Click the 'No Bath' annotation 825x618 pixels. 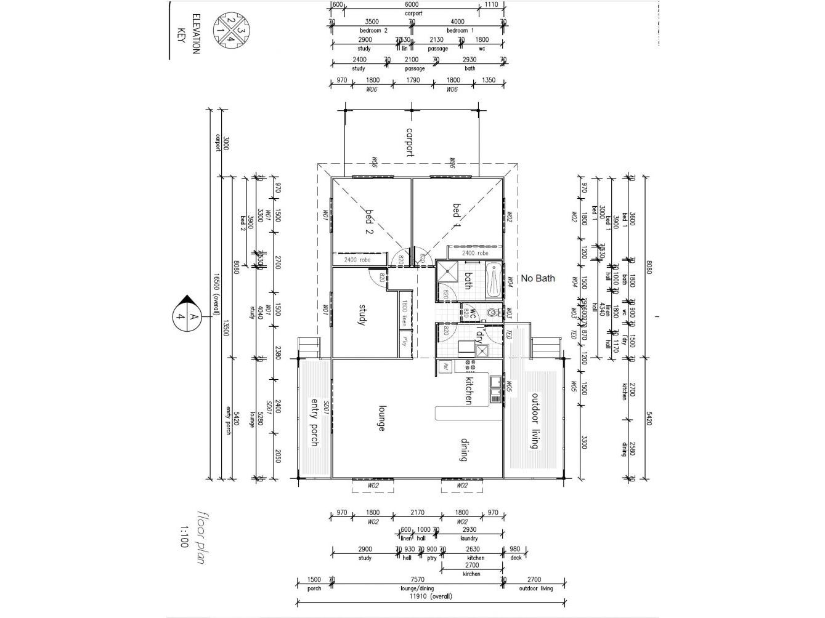537,278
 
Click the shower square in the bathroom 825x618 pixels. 447,271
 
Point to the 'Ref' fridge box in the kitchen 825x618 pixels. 444,367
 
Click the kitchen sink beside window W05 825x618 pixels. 495,389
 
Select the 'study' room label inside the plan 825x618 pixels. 362,314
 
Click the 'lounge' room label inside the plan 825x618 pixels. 382,417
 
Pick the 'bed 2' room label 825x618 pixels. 370,222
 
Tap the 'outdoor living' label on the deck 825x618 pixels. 535,421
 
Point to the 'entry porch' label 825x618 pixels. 315,422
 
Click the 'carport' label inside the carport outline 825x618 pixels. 410,142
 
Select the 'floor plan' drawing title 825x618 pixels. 200,537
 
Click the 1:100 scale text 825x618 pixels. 184,536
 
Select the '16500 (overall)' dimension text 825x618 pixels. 216,295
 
